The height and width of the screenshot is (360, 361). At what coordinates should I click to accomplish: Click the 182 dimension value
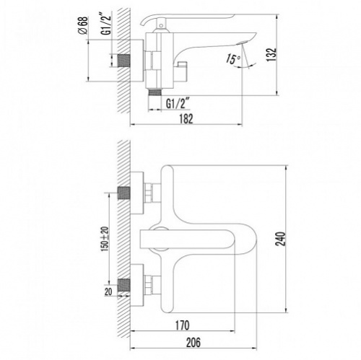coord(186,119)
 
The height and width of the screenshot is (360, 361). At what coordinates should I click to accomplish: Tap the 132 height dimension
coord(271,55)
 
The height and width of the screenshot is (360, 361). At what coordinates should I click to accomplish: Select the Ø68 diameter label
coord(84,26)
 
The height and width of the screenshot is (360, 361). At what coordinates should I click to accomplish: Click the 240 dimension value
coord(280,239)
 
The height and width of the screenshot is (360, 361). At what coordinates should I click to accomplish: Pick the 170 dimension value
coord(182,325)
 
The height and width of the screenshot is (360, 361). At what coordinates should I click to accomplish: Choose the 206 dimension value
coord(193,343)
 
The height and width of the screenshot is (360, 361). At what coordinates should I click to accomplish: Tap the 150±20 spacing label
coord(105,239)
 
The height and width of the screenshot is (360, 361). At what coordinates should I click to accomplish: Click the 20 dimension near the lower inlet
coord(108,291)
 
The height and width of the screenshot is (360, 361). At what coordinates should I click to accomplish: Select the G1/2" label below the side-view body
coord(176,104)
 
